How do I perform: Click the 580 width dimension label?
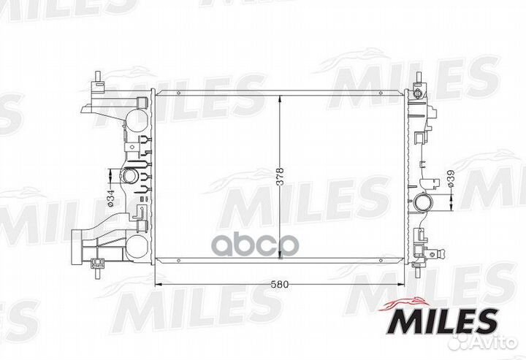tap(279, 284)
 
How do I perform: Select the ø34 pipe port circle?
tap(129, 176)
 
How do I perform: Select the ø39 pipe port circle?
tap(423, 202)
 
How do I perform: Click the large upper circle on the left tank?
tap(137, 121)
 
